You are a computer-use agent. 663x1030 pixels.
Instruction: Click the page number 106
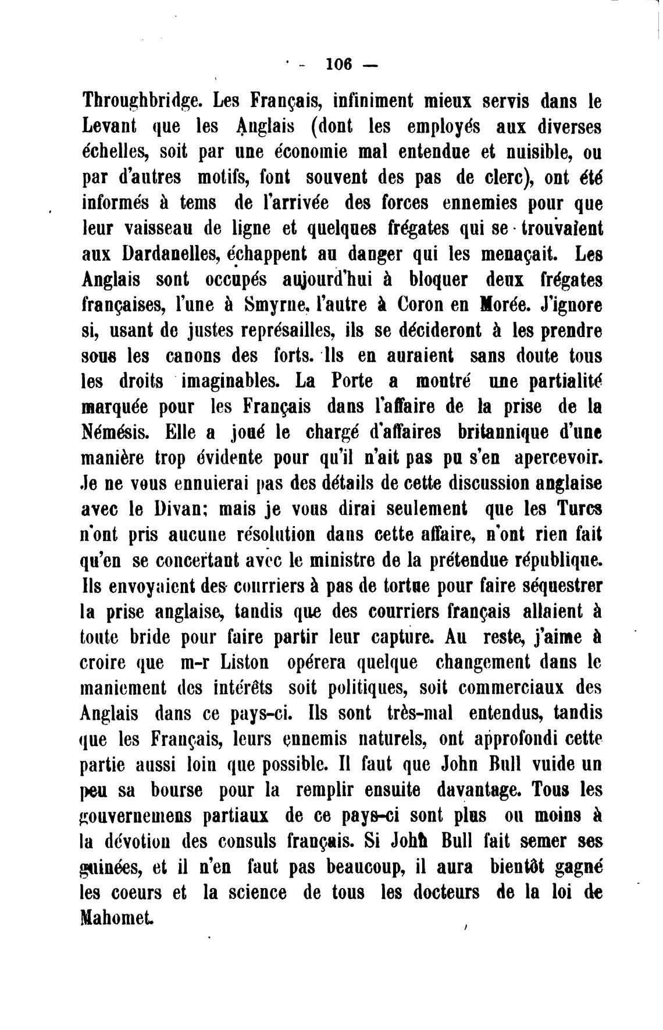tap(339, 65)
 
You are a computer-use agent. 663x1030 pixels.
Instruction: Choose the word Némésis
tap(115, 432)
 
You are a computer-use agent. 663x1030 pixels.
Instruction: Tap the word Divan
tap(180, 508)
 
